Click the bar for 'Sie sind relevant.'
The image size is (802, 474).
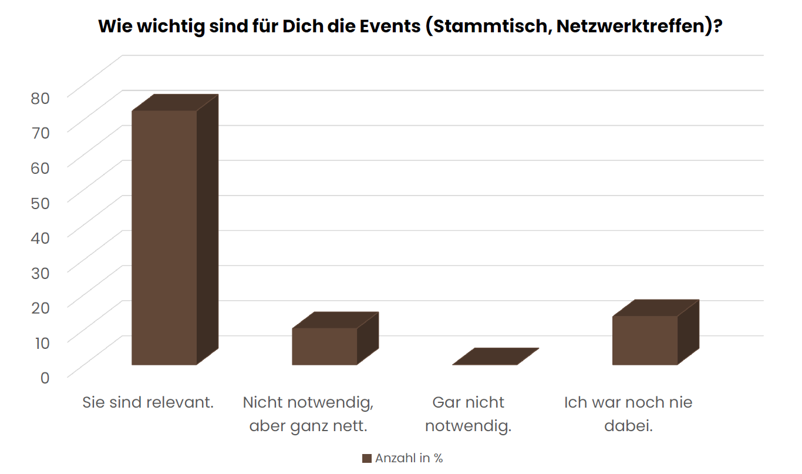point(164,237)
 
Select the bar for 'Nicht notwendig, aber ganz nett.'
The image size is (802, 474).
point(325,346)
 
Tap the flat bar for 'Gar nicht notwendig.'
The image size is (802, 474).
point(496,357)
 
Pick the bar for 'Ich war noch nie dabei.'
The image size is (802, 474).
point(645,340)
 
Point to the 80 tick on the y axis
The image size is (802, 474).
point(41,98)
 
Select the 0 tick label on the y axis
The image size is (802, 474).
point(45,377)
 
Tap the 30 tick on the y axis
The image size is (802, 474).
point(41,273)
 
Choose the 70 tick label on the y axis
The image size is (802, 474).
point(41,133)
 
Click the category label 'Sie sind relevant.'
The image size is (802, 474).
point(148,403)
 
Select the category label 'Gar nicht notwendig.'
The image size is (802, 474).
point(468,414)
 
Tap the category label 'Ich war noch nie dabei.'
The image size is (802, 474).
point(628,414)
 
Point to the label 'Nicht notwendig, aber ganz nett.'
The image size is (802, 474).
point(308,414)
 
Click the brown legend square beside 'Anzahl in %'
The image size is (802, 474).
point(367,459)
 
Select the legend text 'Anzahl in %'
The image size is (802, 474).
point(409,459)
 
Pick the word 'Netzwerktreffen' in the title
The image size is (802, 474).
point(631,27)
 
